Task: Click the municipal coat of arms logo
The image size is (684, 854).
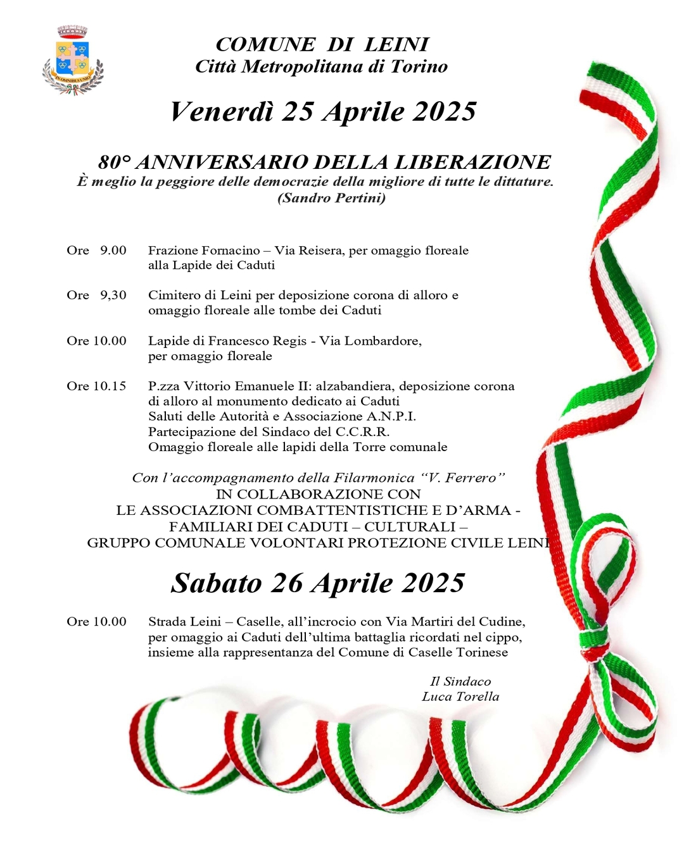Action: (x=72, y=60)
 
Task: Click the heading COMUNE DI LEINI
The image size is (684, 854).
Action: (x=322, y=44)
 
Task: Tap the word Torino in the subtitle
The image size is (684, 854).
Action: (x=419, y=66)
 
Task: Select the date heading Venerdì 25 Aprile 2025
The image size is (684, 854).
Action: (x=322, y=111)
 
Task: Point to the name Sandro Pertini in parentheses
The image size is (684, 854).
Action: (x=332, y=198)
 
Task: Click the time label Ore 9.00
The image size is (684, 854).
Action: (x=96, y=251)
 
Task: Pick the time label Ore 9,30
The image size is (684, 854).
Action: (x=96, y=295)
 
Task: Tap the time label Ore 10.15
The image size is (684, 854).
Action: (x=96, y=386)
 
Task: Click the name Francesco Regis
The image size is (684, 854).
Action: (x=257, y=341)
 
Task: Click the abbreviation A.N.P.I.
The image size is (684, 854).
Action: (x=391, y=416)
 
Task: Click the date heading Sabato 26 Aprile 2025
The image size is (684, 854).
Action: (x=318, y=583)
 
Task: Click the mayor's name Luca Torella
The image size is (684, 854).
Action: (x=460, y=696)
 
